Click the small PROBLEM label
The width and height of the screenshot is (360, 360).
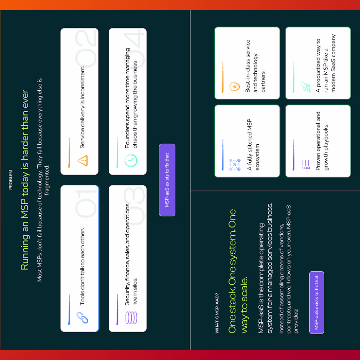pyautogui.click(x=10, y=180)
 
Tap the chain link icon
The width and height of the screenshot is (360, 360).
pyautogui.click(x=82, y=317)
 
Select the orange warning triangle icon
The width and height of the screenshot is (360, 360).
pyautogui.click(x=82, y=160)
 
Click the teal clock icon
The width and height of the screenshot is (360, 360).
pyautogui.click(x=131, y=160)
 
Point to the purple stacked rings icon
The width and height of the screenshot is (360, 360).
pyautogui.click(x=131, y=317)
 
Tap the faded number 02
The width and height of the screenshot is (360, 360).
pyautogui.click(x=86, y=49)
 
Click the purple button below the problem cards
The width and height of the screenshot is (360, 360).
pyautogui.click(x=167, y=180)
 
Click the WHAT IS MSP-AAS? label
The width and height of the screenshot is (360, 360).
pyautogui.click(x=217, y=313)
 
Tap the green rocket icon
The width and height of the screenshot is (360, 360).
pyautogui.click(x=306, y=87)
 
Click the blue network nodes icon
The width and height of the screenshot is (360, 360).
pyautogui.click(x=235, y=165)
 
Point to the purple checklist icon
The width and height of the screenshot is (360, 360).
pyautogui.click(x=306, y=165)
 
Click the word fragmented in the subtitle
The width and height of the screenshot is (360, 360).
pyautogui.click(x=46, y=180)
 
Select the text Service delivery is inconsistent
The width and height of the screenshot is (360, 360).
pyautogui.click(x=82, y=107)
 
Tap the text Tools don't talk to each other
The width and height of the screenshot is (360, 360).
pyautogui.click(x=82, y=266)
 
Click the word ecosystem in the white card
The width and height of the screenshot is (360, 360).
pyautogui.click(x=257, y=157)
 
